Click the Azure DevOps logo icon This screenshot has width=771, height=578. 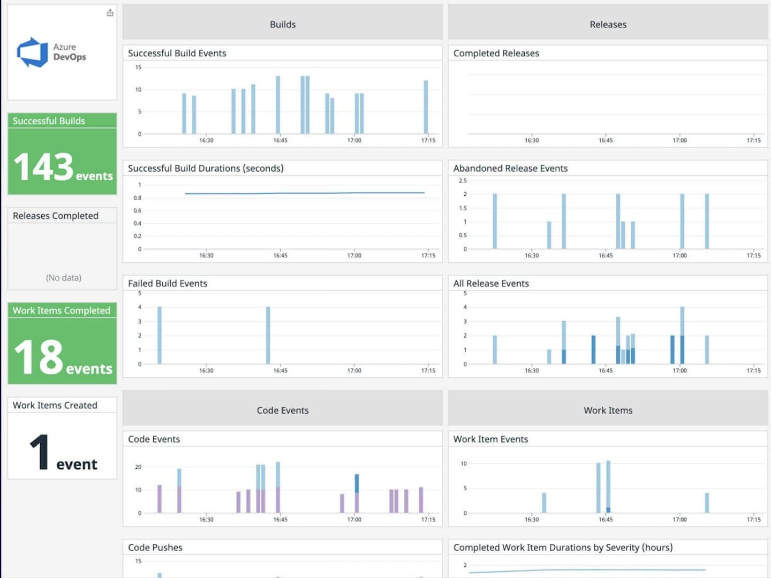[x=33, y=52]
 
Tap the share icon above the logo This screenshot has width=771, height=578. [x=110, y=13]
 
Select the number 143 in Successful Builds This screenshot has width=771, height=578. [x=43, y=167]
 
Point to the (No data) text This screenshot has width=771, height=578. [x=63, y=278]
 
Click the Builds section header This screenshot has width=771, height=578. [x=282, y=25]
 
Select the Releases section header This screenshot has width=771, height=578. [x=608, y=25]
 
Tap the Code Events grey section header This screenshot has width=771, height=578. [x=282, y=410]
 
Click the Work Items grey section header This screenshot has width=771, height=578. [x=608, y=410]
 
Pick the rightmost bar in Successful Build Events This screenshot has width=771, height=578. [x=426, y=107]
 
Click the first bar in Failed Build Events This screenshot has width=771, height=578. [x=160, y=335]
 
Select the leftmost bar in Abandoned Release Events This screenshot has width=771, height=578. [x=495, y=221]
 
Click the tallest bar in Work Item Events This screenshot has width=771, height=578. [x=608, y=484]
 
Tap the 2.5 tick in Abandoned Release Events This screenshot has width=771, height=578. [x=463, y=181]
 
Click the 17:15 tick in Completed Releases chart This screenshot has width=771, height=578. [x=753, y=141]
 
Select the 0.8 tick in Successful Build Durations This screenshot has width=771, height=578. [x=138, y=198]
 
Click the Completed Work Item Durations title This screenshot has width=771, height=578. [x=563, y=547]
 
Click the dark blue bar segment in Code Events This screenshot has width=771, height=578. [x=357, y=483]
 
